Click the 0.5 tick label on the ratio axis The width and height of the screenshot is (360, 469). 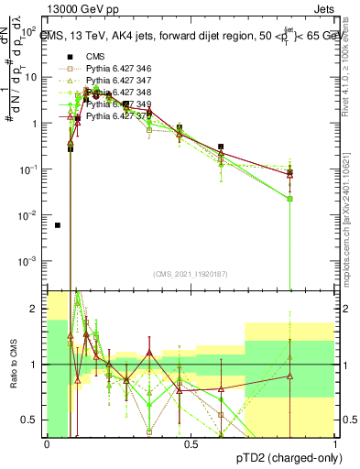click(x=31, y=420)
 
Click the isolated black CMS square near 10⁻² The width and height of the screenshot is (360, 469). click(x=58, y=225)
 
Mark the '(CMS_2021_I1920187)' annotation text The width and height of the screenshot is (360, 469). click(x=190, y=273)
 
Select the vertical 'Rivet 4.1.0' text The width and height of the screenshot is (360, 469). click(x=352, y=69)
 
